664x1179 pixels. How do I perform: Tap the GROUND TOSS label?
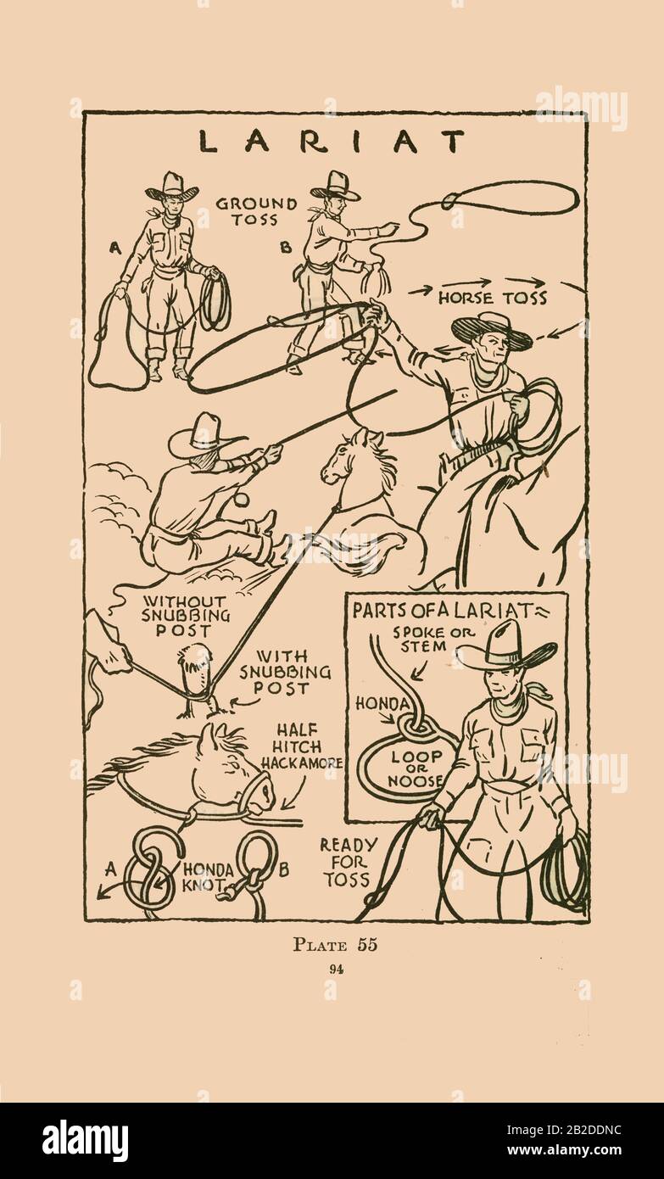pos(256,211)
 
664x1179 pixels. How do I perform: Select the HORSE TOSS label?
pos(493,298)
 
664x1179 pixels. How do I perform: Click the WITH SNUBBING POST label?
pos(285,672)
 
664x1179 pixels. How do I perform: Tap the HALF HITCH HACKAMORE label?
pos(302,746)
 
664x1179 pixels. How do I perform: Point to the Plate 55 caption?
pos(335,944)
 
